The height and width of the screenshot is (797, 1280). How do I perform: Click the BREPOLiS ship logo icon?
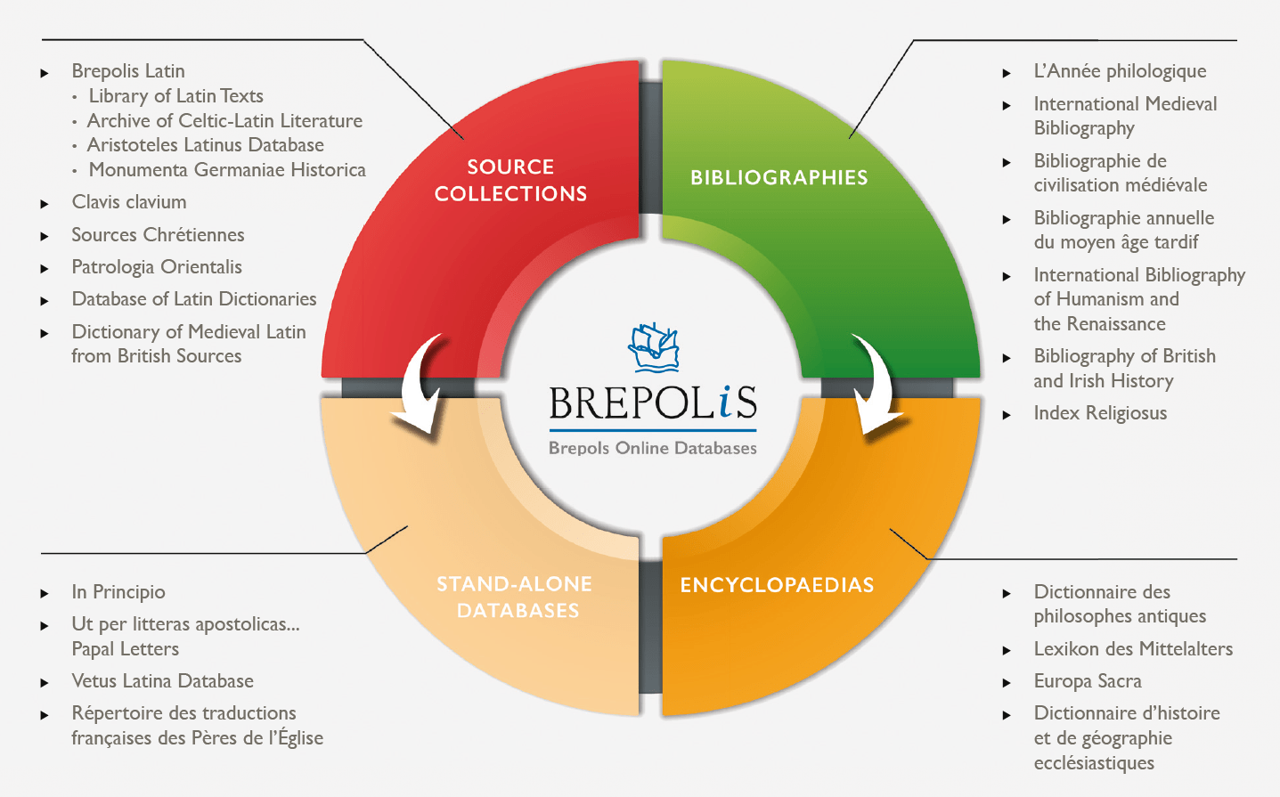click(654, 348)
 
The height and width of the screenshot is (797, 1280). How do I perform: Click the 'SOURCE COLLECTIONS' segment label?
click(510, 180)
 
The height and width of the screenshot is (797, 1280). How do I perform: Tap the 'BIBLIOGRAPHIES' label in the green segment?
click(779, 177)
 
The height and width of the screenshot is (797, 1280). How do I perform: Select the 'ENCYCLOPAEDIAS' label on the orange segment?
click(777, 585)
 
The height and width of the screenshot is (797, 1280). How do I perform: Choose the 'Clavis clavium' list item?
click(129, 202)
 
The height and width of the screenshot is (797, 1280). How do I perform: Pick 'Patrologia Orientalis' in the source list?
click(157, 267)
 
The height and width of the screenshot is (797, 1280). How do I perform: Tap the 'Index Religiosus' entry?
click(1100, 413)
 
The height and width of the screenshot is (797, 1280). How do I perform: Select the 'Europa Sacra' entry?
click(1088, 681)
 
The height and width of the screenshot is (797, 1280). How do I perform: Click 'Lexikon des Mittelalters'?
click(1133, 649)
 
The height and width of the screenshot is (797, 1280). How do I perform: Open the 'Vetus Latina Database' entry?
click(162, 681)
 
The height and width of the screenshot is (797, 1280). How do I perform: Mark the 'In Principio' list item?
click(118, 592)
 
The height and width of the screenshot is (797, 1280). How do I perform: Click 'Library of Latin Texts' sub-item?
click(175, 96)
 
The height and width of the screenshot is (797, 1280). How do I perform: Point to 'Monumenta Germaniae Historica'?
click(227, 170)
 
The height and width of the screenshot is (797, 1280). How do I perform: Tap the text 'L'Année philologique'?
click(1120, 71)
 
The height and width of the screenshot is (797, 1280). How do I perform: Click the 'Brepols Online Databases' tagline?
click(653, 448)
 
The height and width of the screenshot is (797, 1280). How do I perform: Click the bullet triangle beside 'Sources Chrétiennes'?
click(45, 236)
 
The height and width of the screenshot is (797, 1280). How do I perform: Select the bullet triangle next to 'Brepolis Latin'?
click(45, 72)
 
